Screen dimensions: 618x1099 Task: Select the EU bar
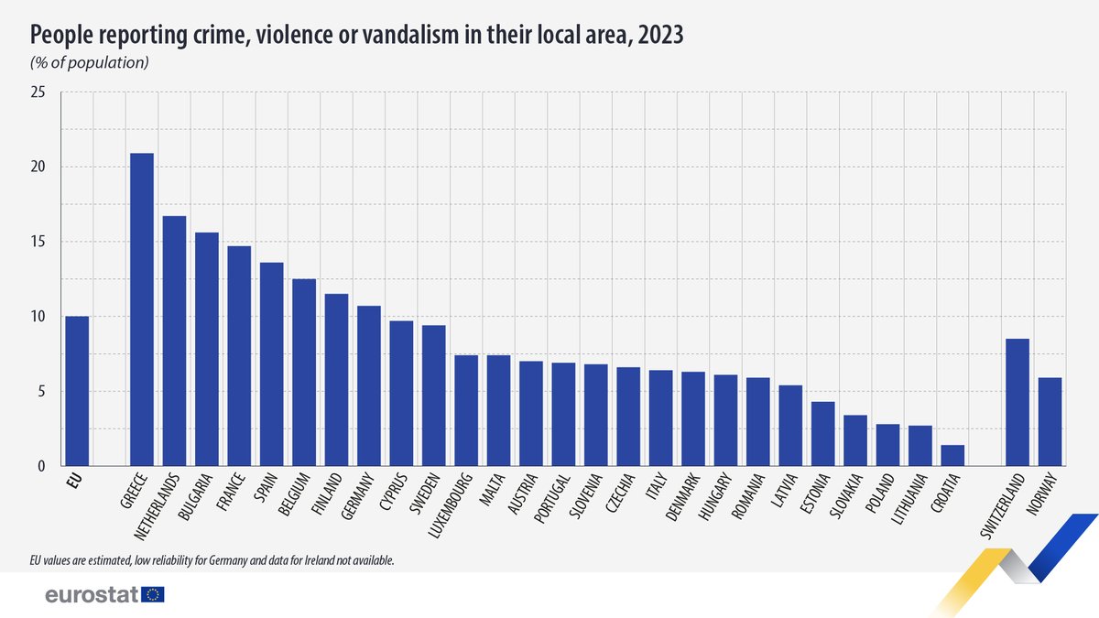tap(77, 391)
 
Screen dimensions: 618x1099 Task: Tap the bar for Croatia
tap(952, 455)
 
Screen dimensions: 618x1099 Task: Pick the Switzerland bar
tap(1017, 402)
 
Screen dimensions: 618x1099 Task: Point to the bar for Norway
tap(1050, 421)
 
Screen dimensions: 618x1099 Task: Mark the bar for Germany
tap(369, 385)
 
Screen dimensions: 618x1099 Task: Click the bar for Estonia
tap(822, 433)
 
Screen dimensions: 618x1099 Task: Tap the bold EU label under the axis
tap(75, 481)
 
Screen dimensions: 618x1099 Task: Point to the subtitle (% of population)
tap(90, 63)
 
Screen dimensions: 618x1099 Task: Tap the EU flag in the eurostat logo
tap(153, 595)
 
